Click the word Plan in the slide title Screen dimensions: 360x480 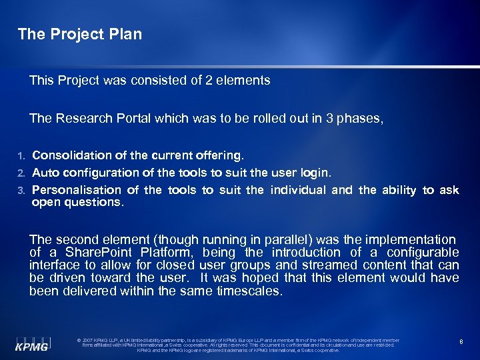[126, 34]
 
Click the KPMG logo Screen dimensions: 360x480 [32, 342]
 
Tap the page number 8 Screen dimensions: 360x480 [461, 341]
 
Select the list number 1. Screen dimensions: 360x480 [21, 156]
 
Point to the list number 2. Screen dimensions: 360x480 [21, 173]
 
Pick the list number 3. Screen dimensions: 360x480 [21, 191]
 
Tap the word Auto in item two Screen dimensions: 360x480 [46, 173]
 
